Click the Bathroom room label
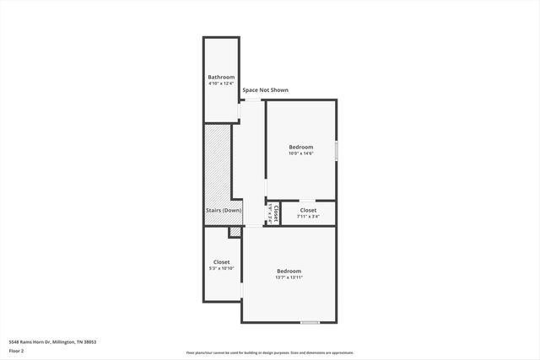tap(220, 77)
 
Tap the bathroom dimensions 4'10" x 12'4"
tap(220, 83)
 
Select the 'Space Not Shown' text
tap(265, 89)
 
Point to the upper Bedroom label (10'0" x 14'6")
tap(300, 147)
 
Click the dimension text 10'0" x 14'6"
tap(300, 153)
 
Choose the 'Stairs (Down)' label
tap(224, 210)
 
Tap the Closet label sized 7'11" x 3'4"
tap(308, 210)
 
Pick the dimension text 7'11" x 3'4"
tap(308, 217)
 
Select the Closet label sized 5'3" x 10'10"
tap(221, 261)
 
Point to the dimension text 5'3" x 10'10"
tap(221, 268)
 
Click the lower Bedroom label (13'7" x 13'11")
tap(289, 271)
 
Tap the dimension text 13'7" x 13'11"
tap(289, 277)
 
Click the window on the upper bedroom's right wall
tap(336, 150)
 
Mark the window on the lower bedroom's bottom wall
tap(310, 322)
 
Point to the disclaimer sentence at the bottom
tap(270, 353)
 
